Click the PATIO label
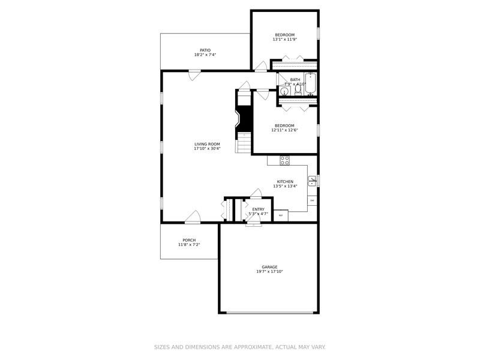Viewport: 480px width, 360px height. pyautogui.click(x=205, y=50)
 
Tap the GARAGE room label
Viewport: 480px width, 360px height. pyautogui.click(x=269, y=267)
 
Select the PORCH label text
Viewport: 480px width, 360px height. pyautogui.click(x=189, y=240)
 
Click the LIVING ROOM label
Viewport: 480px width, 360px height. pyautogui.click(x=207, y=144)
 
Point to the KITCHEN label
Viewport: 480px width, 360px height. pyautogui.click(x=285, y=181)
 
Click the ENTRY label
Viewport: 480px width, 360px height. pyautogui.click(x=258, y=209)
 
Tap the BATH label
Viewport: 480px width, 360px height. pyautogui.click(x=295, y=80)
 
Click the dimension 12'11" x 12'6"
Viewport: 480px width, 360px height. pyautogui.click(x=284, y=130)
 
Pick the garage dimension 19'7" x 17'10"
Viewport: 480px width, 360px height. pyautogui.click(x=269, y=272)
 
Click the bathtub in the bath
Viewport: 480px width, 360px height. pyautogui.click(x=310, y=83)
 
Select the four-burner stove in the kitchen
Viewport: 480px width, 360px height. pyautogui.click(x=284, y=160)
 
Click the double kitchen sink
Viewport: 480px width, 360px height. pyautogui.click(x=311, y=180)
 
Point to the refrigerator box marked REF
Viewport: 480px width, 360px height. pyautogui.click(x=281, y=214)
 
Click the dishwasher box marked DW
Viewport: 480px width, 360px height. pyautogui.click(x=312, y=200)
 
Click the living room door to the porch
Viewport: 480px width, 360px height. pyautogui.click(x=193, y=217)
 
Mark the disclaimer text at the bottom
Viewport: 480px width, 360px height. pyautogui.click(x=240, y=347)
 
